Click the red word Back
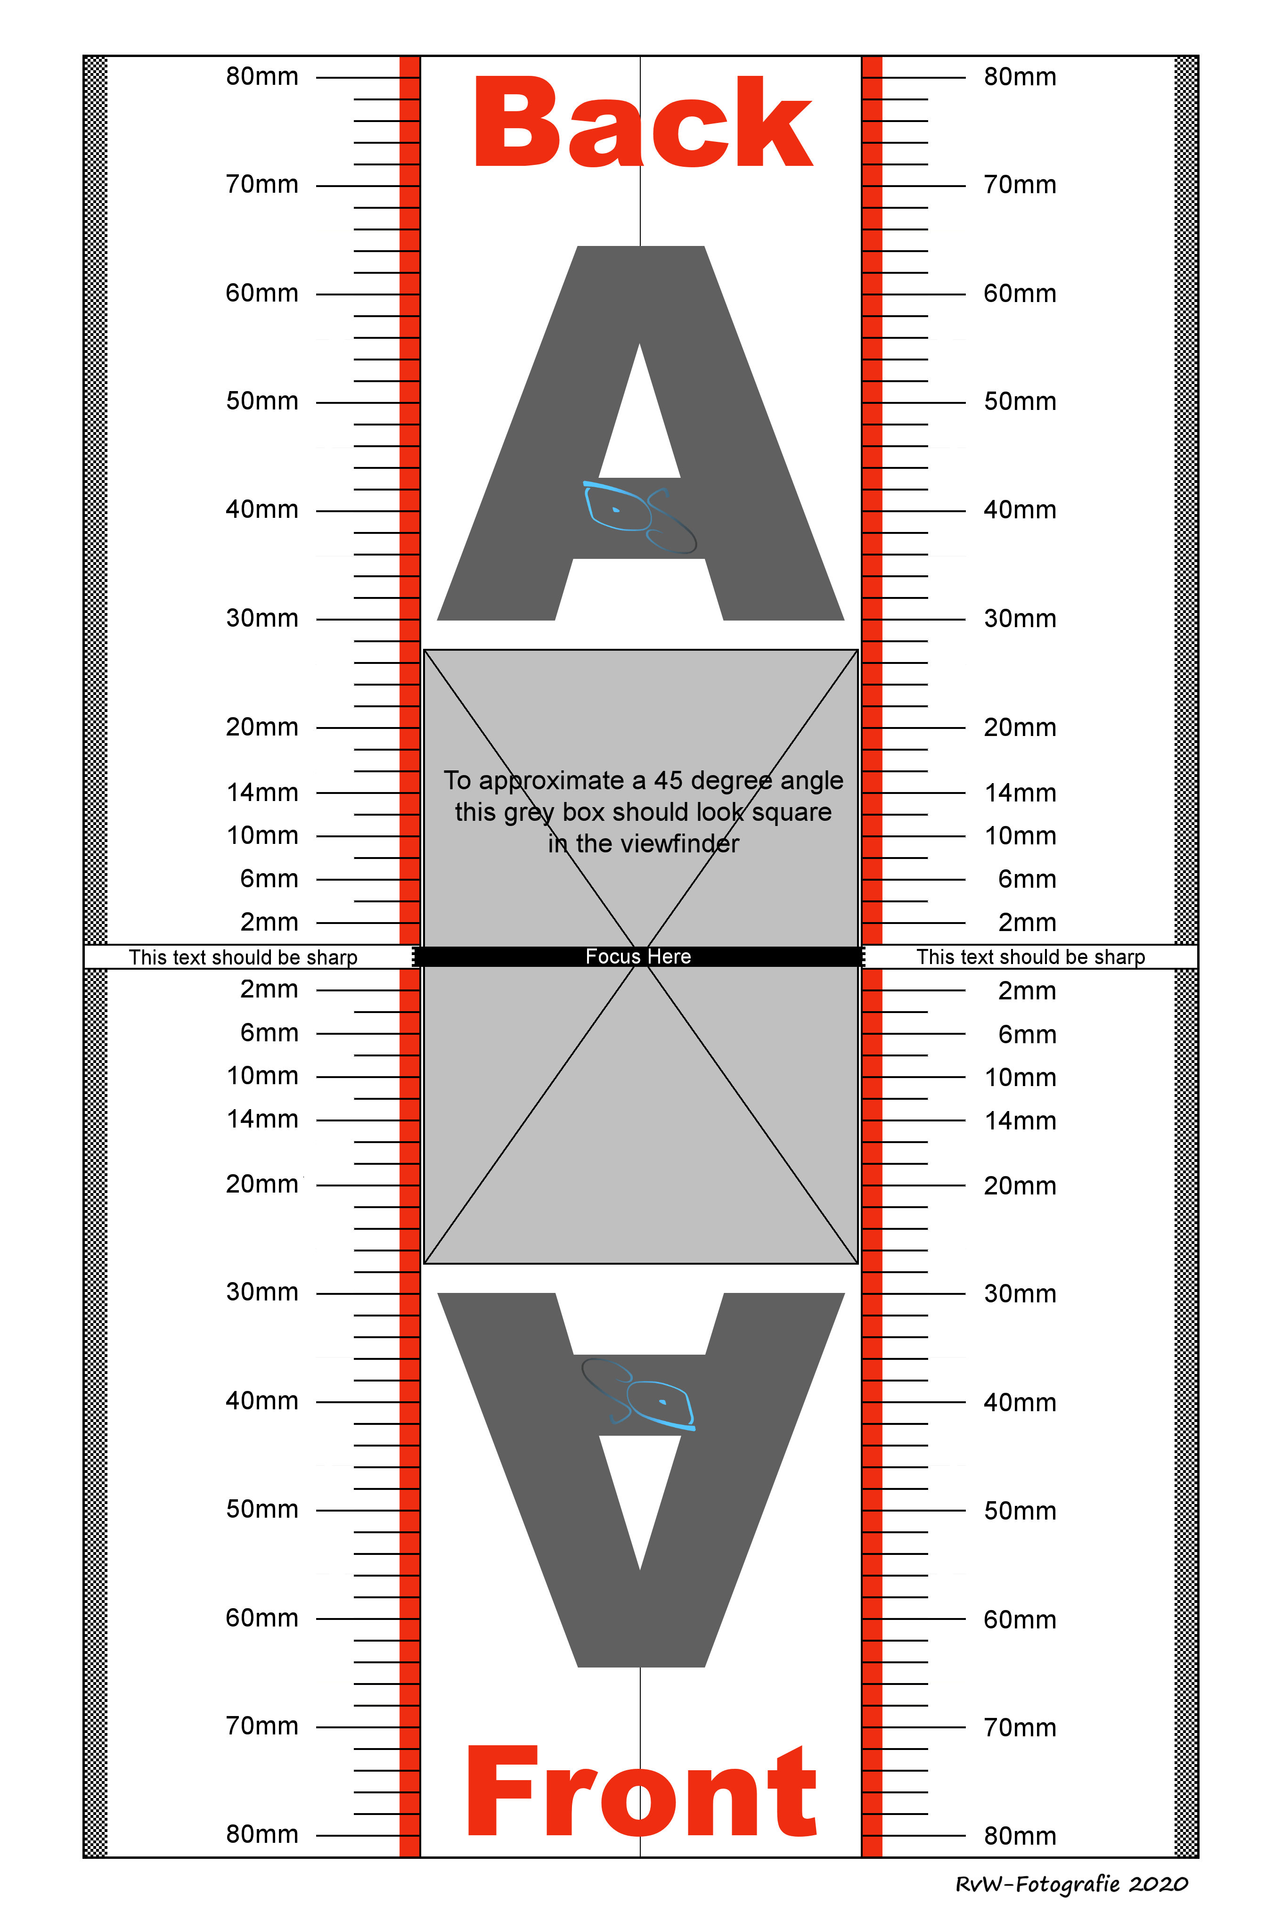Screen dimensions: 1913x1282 tap(643, 123)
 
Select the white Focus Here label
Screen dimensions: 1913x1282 tap(638, 956)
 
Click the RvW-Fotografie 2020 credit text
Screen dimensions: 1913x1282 tap(1071, 1884)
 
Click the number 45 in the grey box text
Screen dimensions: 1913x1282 tap(668, 781)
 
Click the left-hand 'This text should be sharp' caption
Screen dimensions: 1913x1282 tap(243, 957)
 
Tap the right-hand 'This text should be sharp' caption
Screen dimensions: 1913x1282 tap(1030, 957)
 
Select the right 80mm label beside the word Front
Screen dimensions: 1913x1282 tap(1020, 1836)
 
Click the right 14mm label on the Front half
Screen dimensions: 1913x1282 tap(1020, 1121)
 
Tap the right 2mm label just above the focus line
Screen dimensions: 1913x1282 tap(1027, 923)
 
